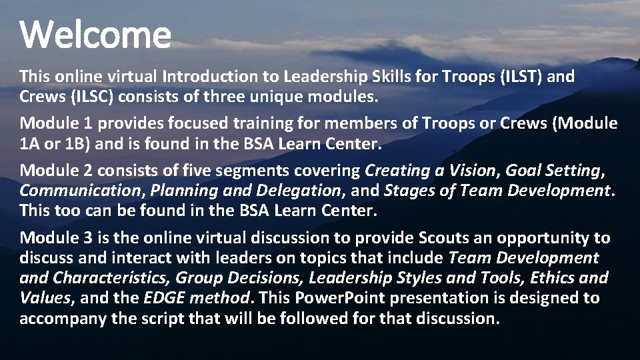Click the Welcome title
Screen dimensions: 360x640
pyautogui.click(x=95, y=35)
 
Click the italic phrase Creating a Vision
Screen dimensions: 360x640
pyautogui.click(x=431, y=171)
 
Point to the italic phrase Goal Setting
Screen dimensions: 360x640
pyautogui.click(x=553, y=171)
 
